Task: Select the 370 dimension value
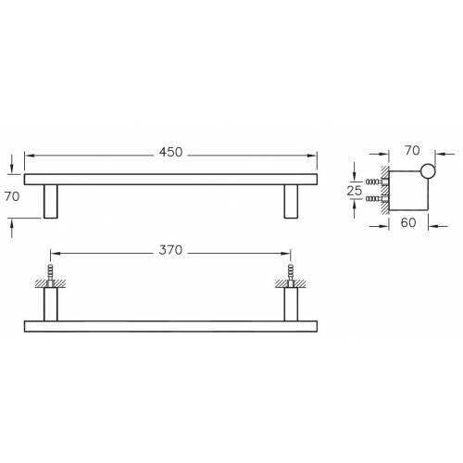click(169, 251)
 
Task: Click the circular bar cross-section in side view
click(427, 170)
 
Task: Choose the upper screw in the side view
click(373, 181)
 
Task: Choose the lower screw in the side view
click(373, 198)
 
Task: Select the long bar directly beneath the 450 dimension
click(170, 179)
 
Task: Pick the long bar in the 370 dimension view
click(170, 327)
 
